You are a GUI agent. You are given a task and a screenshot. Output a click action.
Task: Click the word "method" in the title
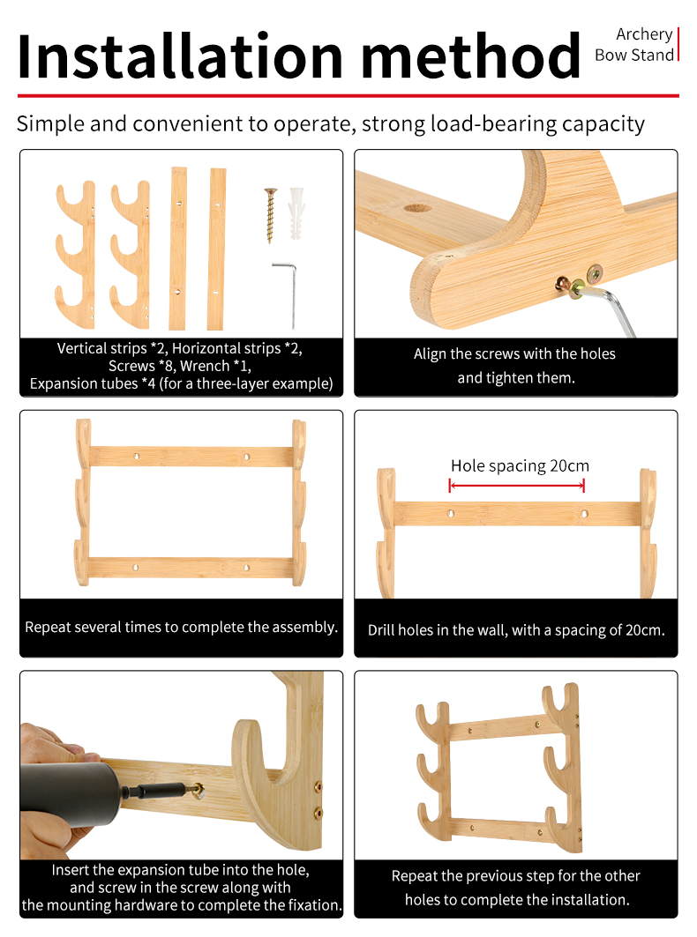point(471,56)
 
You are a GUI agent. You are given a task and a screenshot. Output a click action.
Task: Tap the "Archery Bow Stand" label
point(634,44)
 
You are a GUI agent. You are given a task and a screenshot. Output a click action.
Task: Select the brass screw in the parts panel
point(271,215)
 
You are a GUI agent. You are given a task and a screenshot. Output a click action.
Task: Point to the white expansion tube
point(296,213)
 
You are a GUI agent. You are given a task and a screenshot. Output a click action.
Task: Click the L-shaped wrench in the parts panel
point(287,294)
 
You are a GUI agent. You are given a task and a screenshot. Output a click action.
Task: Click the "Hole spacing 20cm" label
point(520,465)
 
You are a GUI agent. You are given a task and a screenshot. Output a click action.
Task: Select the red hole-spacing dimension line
point(517,486)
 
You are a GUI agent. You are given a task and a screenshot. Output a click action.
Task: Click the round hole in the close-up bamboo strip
point(417,209)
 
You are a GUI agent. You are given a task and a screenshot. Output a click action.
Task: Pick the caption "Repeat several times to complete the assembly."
point(181,627)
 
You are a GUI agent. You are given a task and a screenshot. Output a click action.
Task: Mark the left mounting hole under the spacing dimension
point(451,513)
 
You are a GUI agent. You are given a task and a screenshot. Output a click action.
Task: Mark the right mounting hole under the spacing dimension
point(585,513)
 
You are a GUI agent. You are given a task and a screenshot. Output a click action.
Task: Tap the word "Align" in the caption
point(429,353)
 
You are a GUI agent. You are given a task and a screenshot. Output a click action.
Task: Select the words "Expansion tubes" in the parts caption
point(84,383)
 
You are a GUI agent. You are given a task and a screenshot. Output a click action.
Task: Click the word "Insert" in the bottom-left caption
point(70,870)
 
